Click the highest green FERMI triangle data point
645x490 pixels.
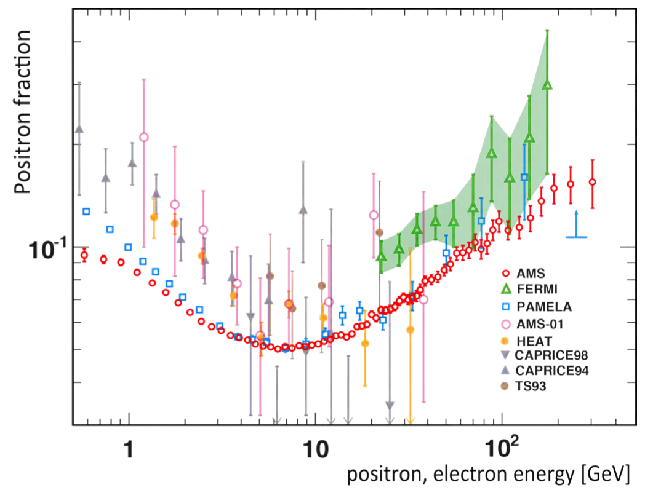547,85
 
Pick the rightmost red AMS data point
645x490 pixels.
593,182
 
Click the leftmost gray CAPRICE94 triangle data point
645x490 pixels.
79,129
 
